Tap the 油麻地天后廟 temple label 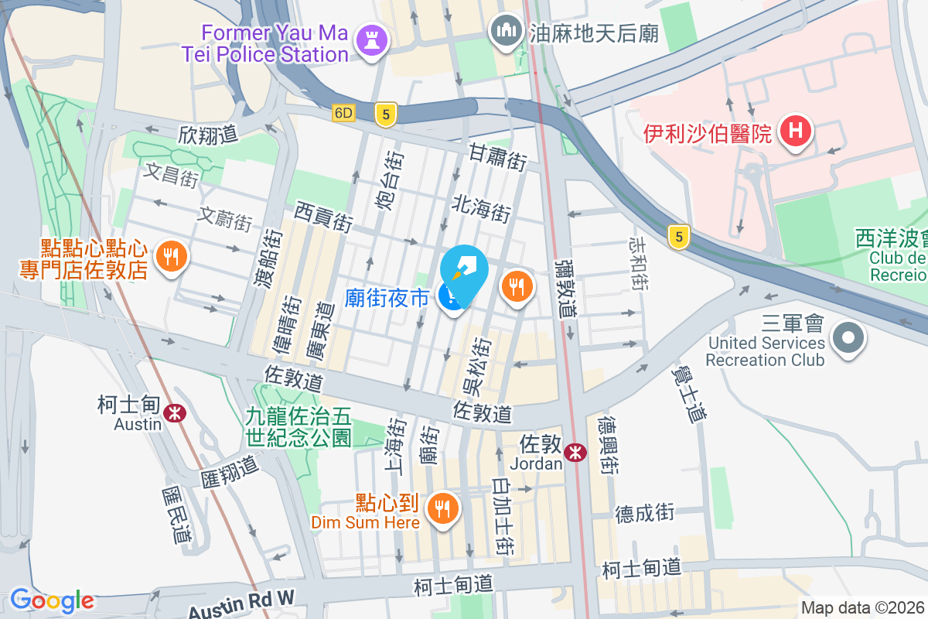[x=593, y=32]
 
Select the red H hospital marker [x=795, y=132]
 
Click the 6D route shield [x=343, y=113]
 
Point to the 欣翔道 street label [x=208, y=134]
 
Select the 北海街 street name [x=482, y=208]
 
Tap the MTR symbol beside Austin [x=177, y=412]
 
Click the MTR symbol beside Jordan [x=575, y=453]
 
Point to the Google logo [x=51, y=600]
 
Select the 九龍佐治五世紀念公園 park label [x=299, y=426]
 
